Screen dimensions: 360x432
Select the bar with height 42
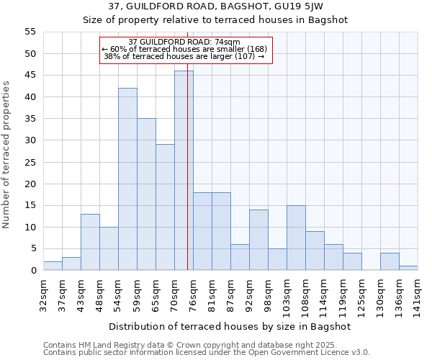127,179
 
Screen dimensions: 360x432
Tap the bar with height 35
146,194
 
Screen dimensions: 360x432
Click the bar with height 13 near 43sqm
90,242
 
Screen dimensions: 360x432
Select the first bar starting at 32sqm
53,266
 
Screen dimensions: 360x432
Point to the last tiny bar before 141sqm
408,268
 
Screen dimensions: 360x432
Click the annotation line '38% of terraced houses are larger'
184,56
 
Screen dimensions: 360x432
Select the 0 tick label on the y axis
33,271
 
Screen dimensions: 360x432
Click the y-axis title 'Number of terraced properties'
7,155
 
